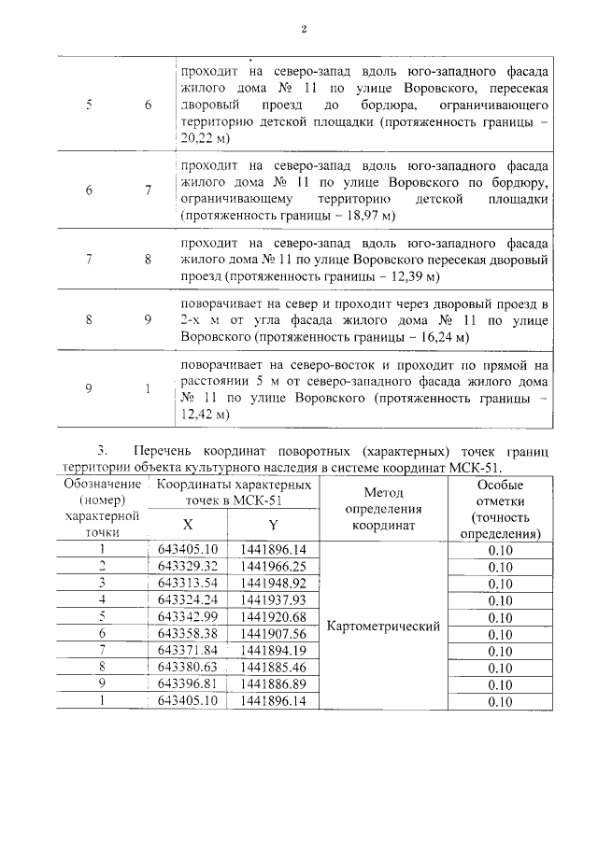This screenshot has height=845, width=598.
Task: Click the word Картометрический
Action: click(x=382, y=627)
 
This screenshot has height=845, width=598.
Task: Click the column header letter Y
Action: click(x=273, y=525)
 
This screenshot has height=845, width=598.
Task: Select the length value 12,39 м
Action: click(x=407, y=277)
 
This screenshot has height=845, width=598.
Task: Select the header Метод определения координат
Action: click(x=382, y=508)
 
